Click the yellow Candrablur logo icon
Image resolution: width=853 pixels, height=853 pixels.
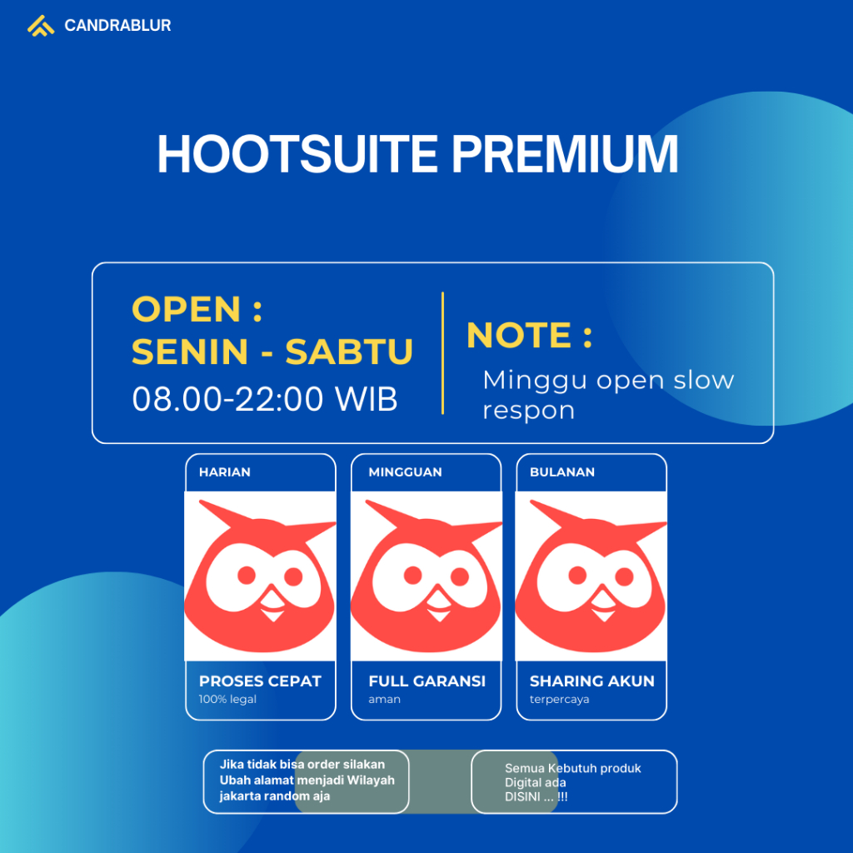coord(40,26)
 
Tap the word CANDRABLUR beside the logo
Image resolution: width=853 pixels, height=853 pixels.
coord(117,26)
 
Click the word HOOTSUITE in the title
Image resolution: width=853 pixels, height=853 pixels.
coord(297,154)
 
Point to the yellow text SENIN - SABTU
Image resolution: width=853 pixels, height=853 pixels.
coord(272,352)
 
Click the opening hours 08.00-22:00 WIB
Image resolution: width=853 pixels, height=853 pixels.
coord(264,399)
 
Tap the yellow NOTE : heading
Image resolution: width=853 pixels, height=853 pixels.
coord(529,335)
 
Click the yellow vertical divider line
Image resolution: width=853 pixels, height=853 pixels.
coord(442,352)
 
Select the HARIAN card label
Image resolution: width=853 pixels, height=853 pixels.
coord(224,472)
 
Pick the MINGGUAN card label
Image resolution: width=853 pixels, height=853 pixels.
coord(405,472)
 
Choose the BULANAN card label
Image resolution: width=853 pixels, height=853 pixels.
coord(561,472)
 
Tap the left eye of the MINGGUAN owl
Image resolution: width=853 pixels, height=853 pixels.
coord(412,575)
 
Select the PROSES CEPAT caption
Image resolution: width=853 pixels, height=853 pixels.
coord(260,681)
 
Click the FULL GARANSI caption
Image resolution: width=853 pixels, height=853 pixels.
coord(426,681)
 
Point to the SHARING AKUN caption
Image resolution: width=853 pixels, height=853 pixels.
coord(591,681)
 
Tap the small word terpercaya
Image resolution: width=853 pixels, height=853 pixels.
coord(559,700)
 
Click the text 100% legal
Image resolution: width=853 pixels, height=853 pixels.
coord(227,700)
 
